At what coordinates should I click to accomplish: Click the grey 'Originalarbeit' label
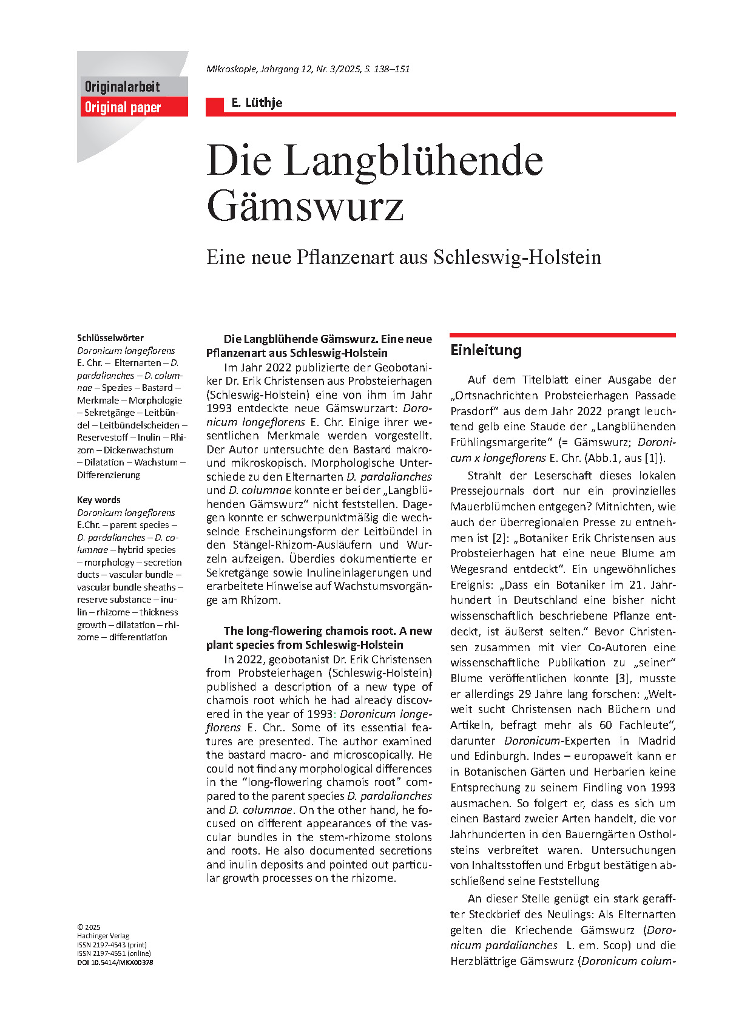tap(122, 86)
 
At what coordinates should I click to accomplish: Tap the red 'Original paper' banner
tap(123, 107)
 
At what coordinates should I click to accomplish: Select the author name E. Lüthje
tap(257, 103)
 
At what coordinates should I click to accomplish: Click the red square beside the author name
tap(215, 106)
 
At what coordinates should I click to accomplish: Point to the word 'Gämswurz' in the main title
tap(305, 206)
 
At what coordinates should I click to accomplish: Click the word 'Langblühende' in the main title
tap(413, 161)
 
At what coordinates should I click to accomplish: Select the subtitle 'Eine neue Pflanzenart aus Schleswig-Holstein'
tap(404, 257)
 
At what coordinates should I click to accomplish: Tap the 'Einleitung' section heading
tap(485, 350)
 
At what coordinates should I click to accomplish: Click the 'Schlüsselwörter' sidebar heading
tap(110, 338)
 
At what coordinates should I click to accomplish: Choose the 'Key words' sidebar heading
tap(98, 500)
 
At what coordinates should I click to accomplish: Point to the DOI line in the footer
tap(115, 962)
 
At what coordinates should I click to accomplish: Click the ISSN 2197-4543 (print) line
tap(112, 944)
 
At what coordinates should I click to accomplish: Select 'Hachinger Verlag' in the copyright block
tap(103, 936)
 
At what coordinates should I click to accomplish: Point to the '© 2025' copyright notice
tap(89, 927)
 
